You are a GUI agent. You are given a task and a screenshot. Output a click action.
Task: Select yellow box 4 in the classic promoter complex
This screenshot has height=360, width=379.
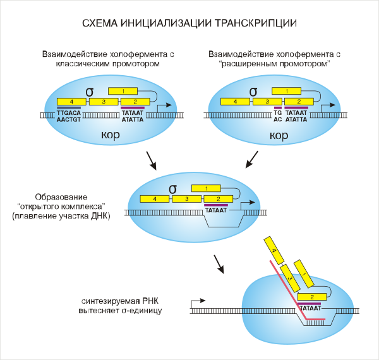coord(71,101)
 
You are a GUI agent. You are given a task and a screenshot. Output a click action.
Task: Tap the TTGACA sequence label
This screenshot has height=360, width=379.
coord(69,112)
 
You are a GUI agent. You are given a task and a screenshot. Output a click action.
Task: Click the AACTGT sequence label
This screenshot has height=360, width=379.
coord(69,119)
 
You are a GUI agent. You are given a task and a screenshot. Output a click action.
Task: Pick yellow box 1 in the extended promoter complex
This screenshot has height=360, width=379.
coord(289,92)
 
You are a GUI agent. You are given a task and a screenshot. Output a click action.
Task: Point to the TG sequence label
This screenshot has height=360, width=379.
coord(277,112)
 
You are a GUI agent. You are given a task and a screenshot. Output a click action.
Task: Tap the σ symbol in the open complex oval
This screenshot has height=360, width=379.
coord(172,188)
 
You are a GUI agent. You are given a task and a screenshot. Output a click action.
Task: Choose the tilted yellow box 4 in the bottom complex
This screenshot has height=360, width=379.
coord(274,251)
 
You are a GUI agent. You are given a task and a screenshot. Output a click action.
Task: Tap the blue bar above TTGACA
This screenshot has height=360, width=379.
coord(69,107)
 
